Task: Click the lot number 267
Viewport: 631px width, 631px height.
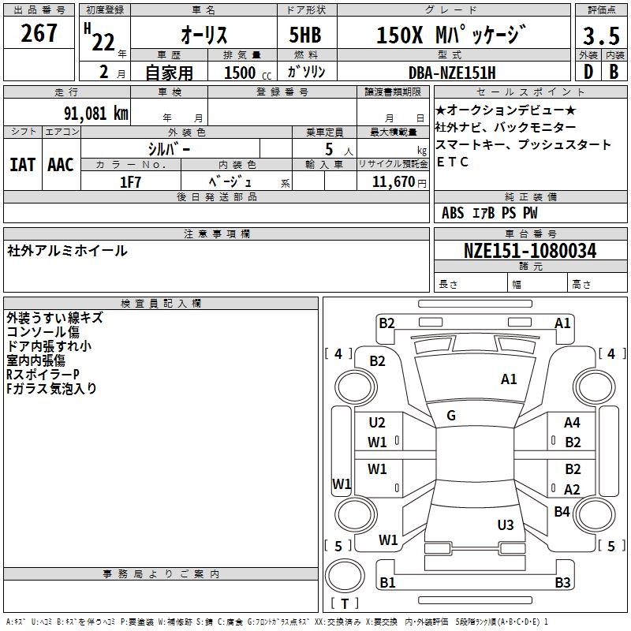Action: [39, 33]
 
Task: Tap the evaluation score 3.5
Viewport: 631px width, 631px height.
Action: [600, 35]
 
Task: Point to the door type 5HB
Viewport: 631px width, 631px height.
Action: [305, 35]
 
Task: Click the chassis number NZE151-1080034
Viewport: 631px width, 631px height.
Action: [530, 252]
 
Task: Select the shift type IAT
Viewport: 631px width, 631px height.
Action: [22, 164]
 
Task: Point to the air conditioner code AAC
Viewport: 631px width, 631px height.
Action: [60, 164]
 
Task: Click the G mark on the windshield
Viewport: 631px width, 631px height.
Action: [451, 416]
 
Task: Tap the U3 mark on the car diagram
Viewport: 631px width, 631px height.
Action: [506, 525]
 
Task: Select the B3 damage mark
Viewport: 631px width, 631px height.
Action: [562, 583]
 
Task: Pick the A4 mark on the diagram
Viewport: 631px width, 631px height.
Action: [573, 423]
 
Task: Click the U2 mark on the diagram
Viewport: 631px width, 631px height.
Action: [378, 423]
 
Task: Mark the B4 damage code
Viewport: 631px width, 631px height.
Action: [562, 512]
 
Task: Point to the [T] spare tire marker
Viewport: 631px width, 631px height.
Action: [345, 604]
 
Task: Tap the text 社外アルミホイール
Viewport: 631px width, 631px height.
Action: [67, 251]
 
